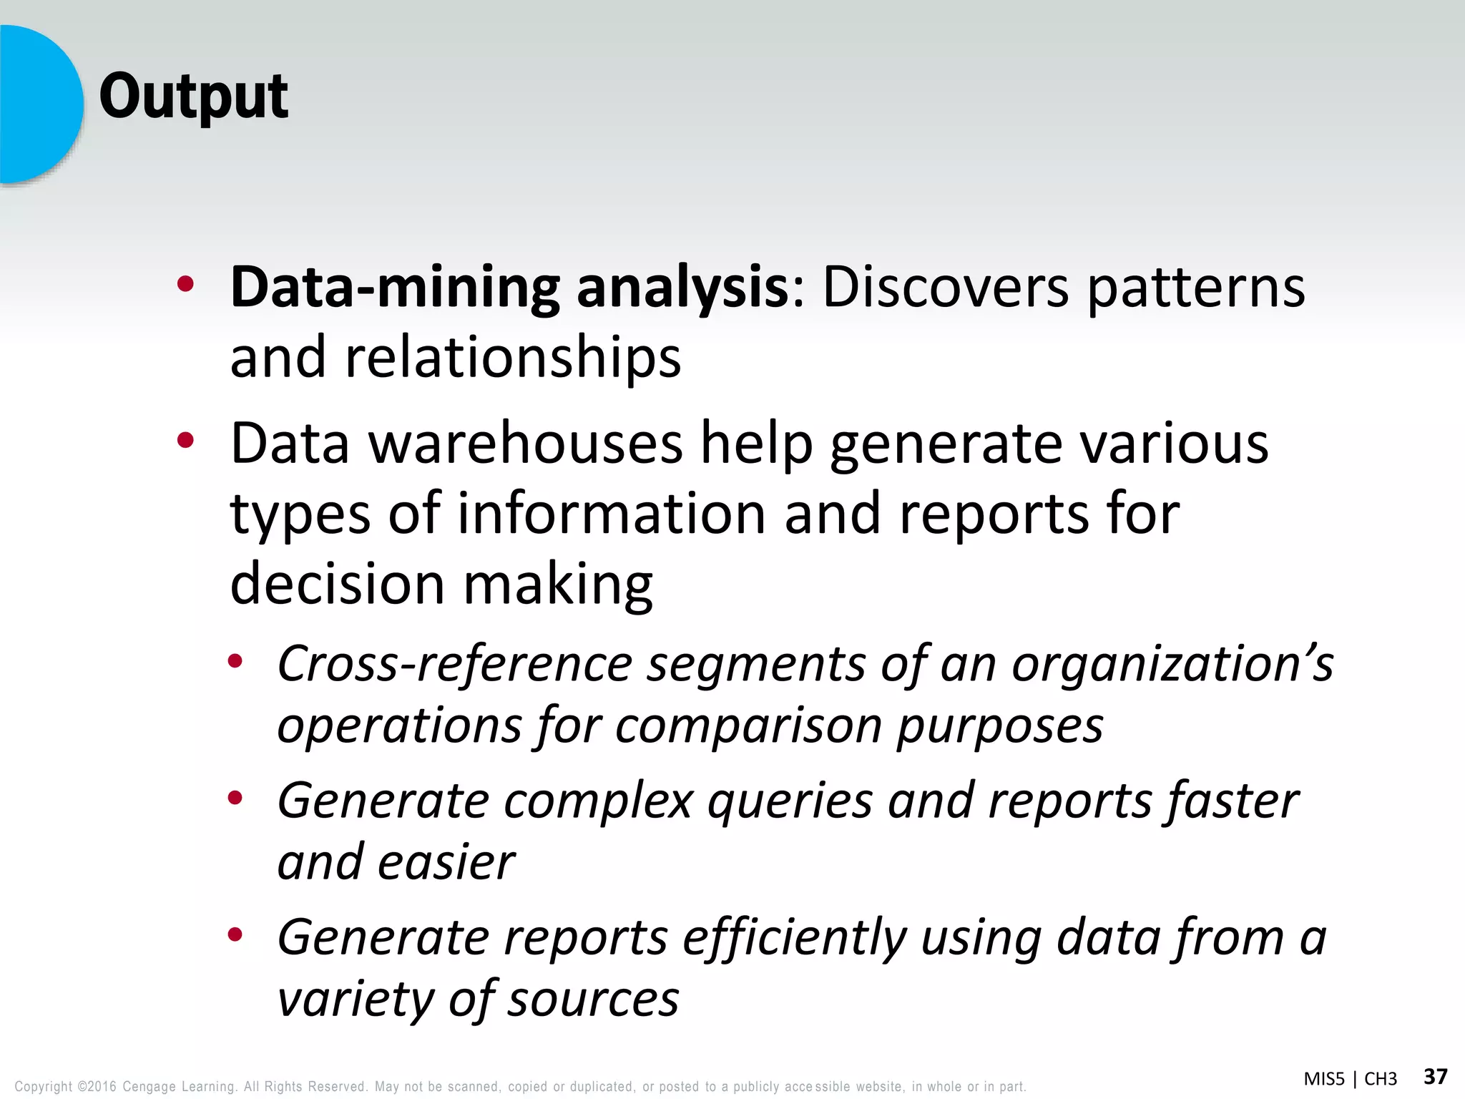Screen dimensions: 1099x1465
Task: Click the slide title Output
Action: coord(194,97)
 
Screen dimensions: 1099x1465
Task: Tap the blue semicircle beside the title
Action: coord(39,104)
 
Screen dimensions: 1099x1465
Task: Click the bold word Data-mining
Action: coord(395,288)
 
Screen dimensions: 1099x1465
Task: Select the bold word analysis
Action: coord(683,288)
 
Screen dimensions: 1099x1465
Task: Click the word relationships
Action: coord(513,357)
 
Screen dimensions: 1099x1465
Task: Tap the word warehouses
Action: coord(525,444)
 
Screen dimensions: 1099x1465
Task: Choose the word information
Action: coord(612,513)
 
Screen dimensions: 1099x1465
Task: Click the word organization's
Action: coord(1172,664)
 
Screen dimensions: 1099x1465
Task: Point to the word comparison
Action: coord(748,726)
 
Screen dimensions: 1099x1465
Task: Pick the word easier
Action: coord(446,862)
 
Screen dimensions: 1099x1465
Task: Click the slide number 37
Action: coord(1436,1076)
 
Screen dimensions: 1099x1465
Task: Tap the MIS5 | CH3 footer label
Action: coord(1350,1079)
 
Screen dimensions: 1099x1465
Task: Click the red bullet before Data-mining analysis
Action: coord(186,285)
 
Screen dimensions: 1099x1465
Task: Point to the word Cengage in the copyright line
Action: coord(149,1087)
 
